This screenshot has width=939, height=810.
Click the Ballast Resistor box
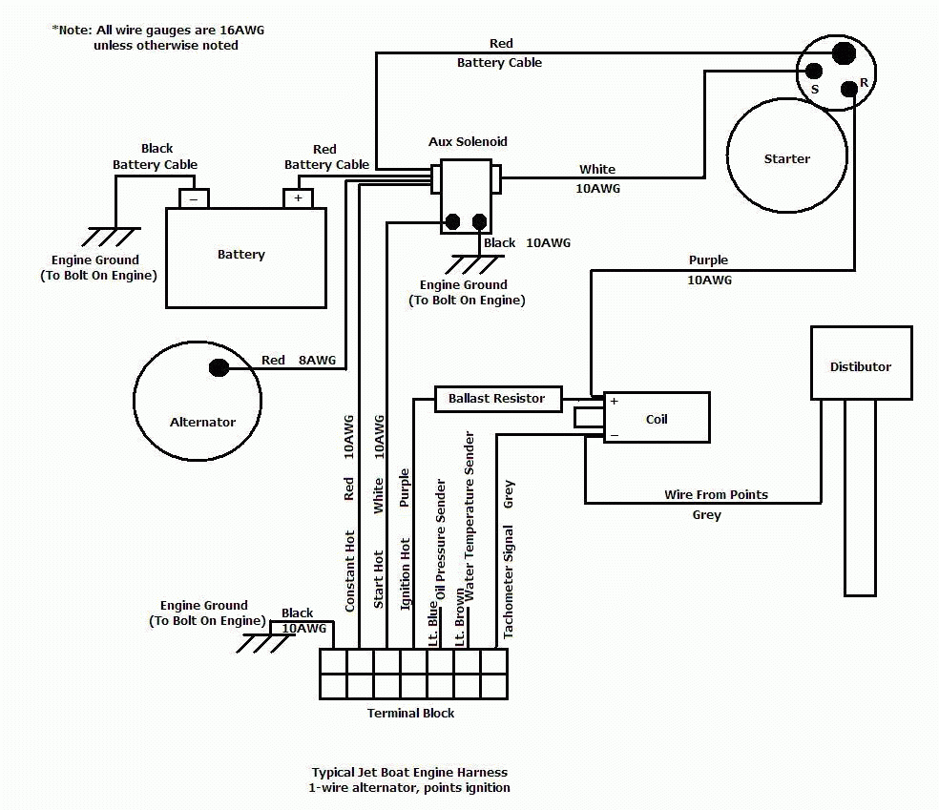497,399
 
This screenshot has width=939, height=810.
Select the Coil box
657,418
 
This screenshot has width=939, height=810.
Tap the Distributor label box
860,363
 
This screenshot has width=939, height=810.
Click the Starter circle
786,158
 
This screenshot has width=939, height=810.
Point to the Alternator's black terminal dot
219,367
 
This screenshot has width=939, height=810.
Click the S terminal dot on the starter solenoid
814,71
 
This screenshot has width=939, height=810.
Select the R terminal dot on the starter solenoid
848,90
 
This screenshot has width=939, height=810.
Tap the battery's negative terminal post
194,198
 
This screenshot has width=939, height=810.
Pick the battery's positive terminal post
298,198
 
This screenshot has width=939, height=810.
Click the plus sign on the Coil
614,402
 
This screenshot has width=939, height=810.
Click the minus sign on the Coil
614,434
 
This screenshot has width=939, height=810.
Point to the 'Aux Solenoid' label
468,141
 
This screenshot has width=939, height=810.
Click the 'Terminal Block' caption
410,713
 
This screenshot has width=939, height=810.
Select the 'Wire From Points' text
716,495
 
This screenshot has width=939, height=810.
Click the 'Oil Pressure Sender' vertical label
441,538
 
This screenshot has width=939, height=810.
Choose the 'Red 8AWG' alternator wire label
299,360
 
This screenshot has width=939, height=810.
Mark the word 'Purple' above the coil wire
708,260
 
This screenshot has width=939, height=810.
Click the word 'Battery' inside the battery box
241,255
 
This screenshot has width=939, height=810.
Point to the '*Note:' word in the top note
73,30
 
